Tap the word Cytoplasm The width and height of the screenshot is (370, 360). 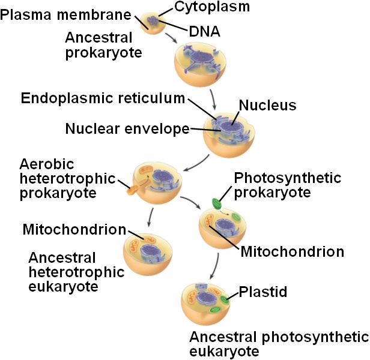point(212,7)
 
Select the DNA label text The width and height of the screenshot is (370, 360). point(204,31)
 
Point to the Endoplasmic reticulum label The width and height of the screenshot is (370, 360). point(103,98)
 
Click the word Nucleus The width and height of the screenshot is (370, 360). point(267,106)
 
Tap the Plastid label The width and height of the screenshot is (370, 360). point(263,292)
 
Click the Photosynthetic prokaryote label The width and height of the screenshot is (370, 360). point(287,185)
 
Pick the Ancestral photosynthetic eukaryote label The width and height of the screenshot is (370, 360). point(278,344)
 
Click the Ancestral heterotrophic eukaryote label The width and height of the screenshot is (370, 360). point(76,272)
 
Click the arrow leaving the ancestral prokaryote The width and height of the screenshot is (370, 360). point(171,38)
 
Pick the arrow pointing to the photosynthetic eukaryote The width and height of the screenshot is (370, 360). point(216,264)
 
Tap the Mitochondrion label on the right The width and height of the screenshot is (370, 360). point(292,251)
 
